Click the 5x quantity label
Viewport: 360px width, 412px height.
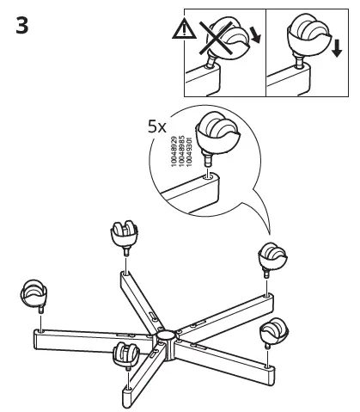pos(157,126)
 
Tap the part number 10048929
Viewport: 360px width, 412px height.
pos(174,151)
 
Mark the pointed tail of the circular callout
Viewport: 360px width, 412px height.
pos(266,232)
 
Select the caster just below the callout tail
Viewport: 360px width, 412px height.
pos(271,256)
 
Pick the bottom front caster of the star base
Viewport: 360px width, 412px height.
pos(125,354)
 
